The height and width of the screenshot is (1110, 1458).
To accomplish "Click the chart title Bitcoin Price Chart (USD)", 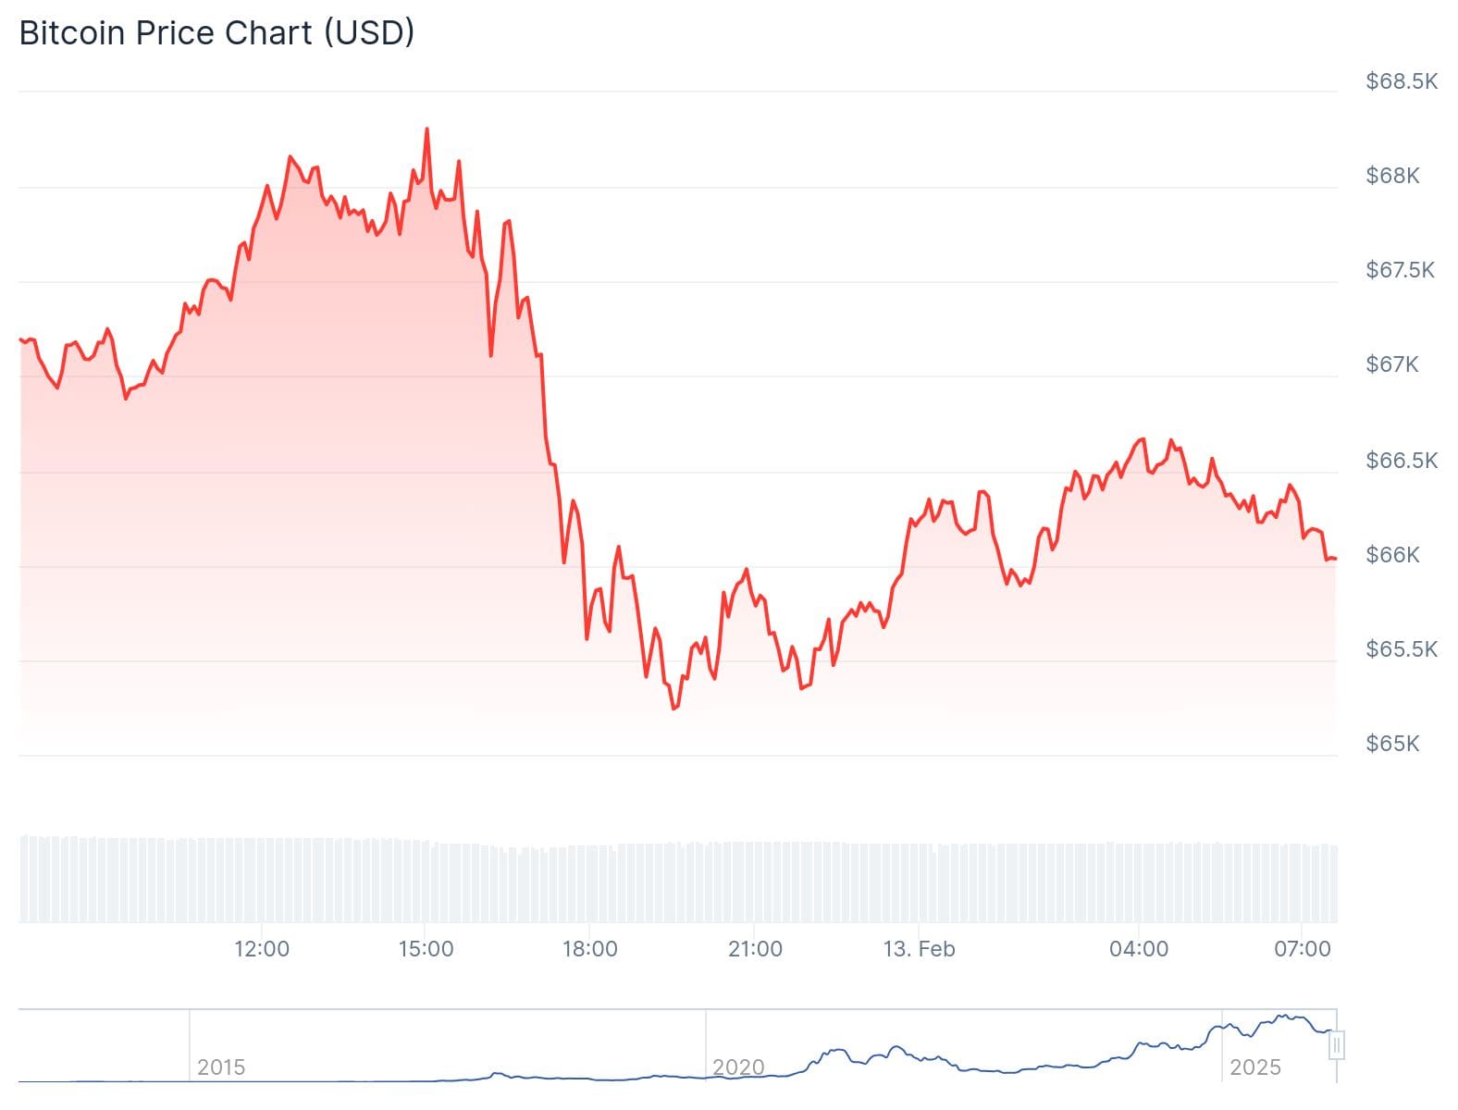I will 216,33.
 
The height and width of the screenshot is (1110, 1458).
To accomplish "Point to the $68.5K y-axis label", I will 1401,81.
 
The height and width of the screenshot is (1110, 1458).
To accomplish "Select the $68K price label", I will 1391,176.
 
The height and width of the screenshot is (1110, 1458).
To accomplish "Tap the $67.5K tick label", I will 1400,270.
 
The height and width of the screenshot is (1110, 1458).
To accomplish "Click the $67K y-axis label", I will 1391,364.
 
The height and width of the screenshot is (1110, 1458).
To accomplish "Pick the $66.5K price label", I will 1401,461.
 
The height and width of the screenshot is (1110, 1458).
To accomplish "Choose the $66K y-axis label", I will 1391,555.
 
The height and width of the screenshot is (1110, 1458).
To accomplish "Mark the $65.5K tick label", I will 1401,649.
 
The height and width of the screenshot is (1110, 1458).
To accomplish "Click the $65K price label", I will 1391,744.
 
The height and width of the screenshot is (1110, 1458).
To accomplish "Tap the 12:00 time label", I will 262,949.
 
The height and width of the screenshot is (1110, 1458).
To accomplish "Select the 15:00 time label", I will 426,949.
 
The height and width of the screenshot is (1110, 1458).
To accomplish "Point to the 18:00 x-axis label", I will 590,949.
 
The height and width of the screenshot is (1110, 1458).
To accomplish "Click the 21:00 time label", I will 755,949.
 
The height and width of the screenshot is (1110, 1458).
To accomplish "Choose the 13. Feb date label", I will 919,949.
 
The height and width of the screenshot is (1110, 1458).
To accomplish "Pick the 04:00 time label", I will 1139,949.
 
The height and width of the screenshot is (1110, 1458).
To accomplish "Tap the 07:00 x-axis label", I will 1302,949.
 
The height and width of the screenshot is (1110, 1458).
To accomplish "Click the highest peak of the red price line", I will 426,129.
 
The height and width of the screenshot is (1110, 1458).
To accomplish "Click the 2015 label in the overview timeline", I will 221,1067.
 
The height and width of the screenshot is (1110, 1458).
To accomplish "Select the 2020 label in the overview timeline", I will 738,1067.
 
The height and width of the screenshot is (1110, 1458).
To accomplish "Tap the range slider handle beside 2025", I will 1336,1046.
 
